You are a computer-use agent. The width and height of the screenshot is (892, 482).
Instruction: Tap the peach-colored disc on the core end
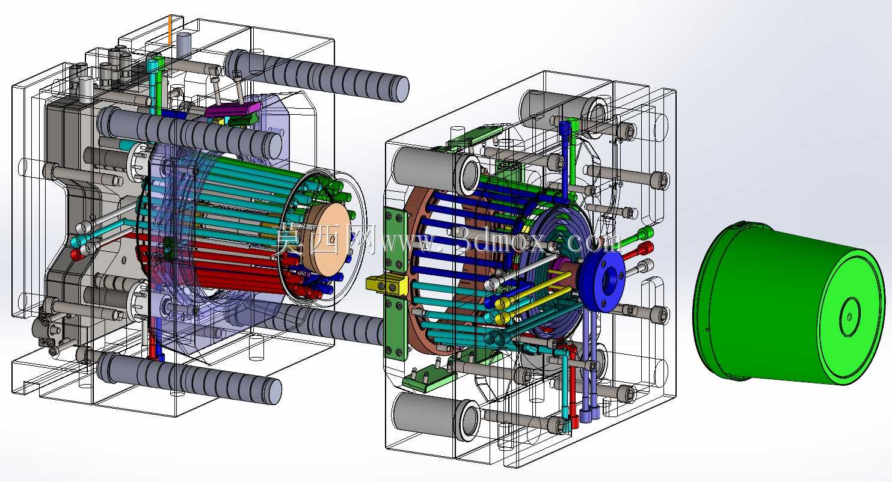pyautogui.click(x=326, y=241)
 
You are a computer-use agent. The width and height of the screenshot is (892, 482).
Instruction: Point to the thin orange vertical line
pyautogui.click(x=170, y=30)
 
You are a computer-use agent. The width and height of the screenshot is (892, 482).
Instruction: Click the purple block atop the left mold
pyautogui.click(x=232, y=109)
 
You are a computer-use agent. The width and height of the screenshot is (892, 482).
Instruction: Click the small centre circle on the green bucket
pyautogui.click(x=849, y=317)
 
